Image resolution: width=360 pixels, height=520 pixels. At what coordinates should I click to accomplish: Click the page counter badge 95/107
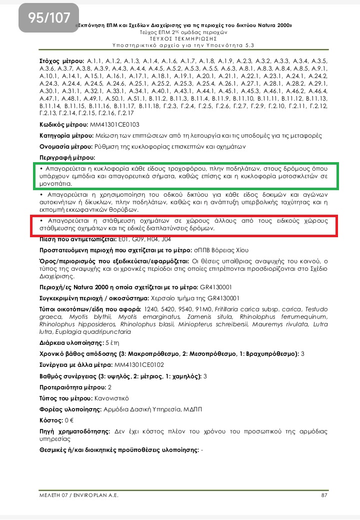[49, 19]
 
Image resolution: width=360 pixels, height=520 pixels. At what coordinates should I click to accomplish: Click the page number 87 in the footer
[324, 495]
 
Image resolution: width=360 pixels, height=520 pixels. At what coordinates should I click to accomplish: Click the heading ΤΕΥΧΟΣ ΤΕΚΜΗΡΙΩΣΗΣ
[183, 38]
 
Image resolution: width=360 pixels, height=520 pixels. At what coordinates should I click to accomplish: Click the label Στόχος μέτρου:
[61, 60]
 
